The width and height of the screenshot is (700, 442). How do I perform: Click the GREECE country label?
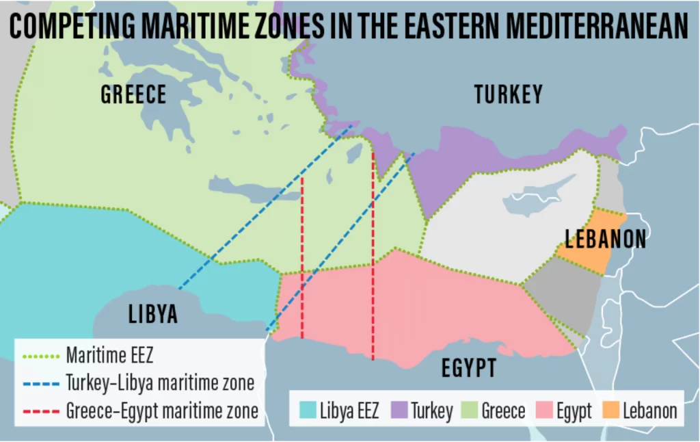(133, 94)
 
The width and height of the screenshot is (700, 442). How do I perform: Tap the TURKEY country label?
(508, 94)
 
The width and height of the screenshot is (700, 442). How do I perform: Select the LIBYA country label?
(153, 314)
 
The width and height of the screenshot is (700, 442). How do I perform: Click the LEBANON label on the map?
(606, 239)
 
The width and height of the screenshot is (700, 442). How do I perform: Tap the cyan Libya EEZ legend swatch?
(308, 411)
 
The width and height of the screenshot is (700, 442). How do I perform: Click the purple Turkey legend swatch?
(399, 411)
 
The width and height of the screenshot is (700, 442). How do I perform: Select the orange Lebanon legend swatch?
(610, 411)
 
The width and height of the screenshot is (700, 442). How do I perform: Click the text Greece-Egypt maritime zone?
(162, 411)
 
